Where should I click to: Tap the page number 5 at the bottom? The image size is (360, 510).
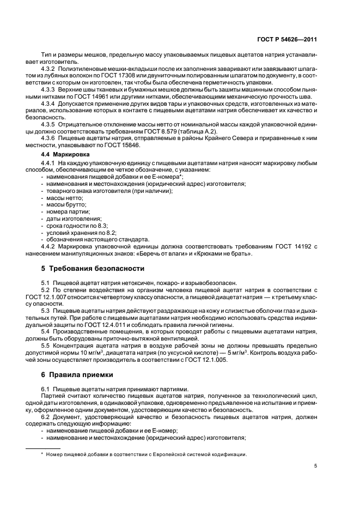(x=315, y=466)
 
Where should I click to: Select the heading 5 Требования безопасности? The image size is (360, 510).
(x=93, y=268)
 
